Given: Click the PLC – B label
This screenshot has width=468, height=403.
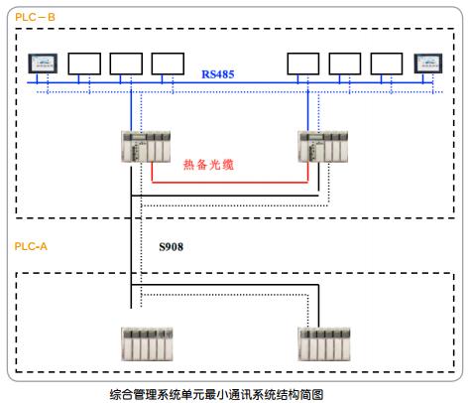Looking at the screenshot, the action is (x=35, y=17).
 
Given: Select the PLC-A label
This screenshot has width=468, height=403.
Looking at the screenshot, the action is (x=31, y=246).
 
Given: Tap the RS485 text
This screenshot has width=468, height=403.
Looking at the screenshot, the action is (x=218, y=74).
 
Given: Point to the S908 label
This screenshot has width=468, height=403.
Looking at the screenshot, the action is (x=171, y=247).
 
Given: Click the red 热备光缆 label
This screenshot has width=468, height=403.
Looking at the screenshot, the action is (x=208, y=165).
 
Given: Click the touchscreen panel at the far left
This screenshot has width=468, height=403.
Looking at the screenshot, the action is (x=43, y=64).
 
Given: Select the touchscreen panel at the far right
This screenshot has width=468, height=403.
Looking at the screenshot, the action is (x=428, y=64).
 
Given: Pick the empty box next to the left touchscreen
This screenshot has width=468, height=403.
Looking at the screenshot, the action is (x=84, y=64).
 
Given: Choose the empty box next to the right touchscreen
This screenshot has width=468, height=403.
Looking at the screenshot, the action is (x=387, y=64).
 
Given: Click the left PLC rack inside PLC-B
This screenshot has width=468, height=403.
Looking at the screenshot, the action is (x=146, y=147).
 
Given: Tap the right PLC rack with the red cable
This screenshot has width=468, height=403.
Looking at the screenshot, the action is (x=323, y=147).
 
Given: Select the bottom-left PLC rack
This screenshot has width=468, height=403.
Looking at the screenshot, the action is (x=147, y=343).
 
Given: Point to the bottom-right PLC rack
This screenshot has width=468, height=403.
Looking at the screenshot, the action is (x=324, y=343).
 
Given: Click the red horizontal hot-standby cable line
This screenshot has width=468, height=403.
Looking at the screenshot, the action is (x=230, y=182).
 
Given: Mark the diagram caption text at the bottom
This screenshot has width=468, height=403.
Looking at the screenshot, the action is (x=216, y=394).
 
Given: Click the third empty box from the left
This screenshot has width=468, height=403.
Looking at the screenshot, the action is (x=168, y=64).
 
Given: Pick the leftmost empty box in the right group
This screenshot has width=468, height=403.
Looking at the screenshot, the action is (x=303, y=64).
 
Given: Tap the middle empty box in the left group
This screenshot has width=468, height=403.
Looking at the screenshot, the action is (x=126, y=64).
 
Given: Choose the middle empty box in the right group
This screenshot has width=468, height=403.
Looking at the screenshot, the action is (x=345, y=64).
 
